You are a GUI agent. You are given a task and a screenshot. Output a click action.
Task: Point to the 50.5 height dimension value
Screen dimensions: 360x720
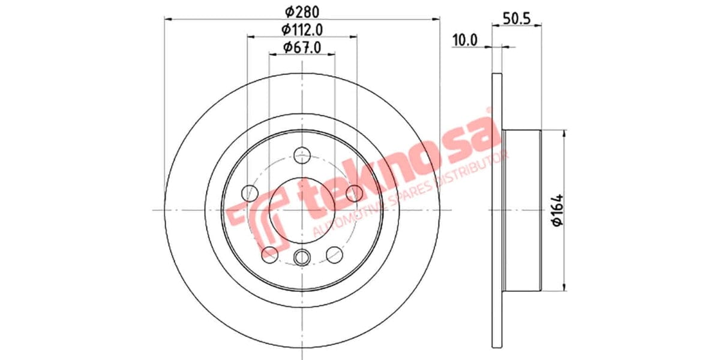(x=517, y=18)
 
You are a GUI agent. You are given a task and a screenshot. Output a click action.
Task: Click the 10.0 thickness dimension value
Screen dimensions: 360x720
(x=464, y=40)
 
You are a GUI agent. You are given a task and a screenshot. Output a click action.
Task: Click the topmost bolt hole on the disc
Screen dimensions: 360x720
(x=302, y=156)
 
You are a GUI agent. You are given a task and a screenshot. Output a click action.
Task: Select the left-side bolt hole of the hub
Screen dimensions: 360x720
(x=248, y=193)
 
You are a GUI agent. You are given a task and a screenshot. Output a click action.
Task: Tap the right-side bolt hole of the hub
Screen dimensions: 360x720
(x=355, y=193)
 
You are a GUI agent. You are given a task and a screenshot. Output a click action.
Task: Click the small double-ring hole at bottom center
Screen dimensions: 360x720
(x=302, y=257)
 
